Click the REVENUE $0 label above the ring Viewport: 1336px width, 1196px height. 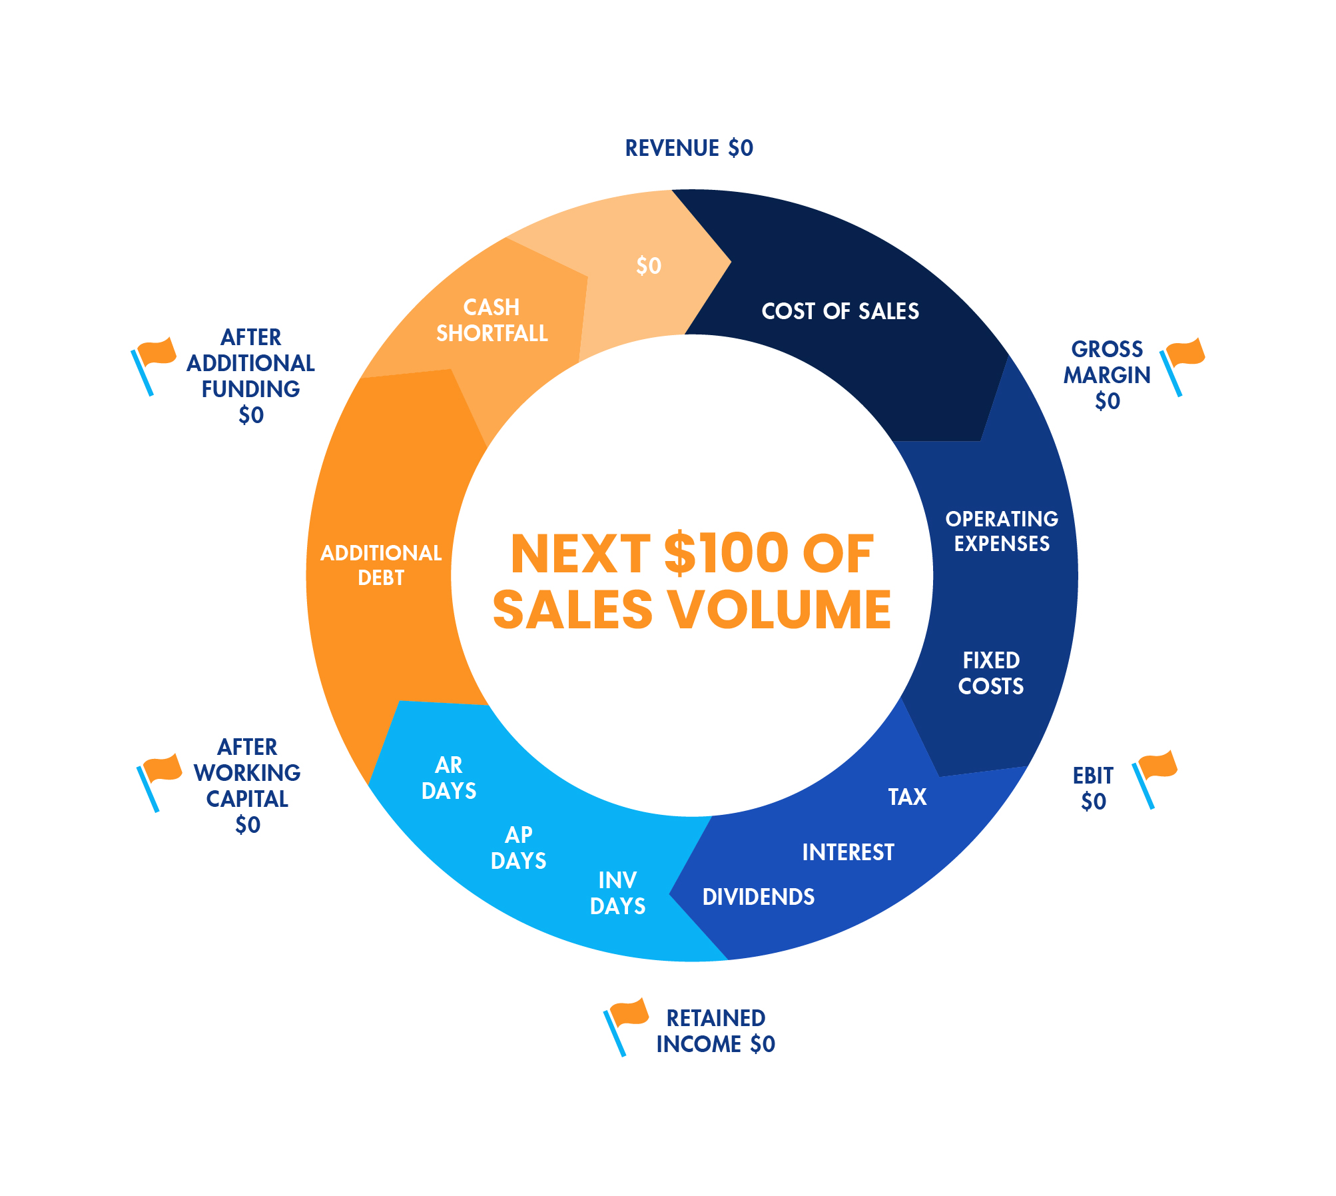pos(689,148)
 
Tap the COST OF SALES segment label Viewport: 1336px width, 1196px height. pos(840,311)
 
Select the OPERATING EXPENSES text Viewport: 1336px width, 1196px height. pos(1001,531)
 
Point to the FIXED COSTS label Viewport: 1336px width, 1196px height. pos(990,673)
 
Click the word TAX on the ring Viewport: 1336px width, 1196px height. pos(907,797)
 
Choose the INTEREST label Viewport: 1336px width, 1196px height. pos(848,852)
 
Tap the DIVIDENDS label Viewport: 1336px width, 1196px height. pos(758,897)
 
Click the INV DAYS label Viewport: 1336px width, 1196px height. pos(617,893)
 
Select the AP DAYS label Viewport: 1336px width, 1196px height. pos(518,848)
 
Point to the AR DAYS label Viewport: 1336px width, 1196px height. pos(449,778)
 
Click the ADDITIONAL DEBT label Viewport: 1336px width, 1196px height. pos(381,565)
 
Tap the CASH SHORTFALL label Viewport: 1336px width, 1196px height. pos(492,320)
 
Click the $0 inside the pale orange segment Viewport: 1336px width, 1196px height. pos(648,266)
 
